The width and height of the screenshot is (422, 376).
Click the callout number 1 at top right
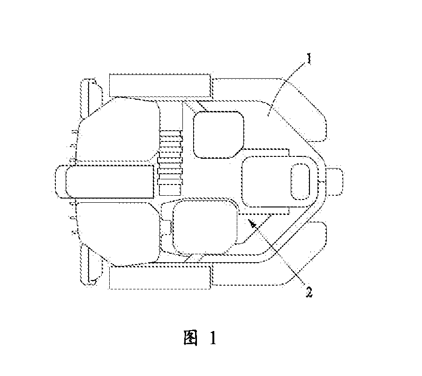point(309,59)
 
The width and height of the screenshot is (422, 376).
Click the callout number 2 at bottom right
point(309,291)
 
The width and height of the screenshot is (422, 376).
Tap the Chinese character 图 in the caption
point(190,338)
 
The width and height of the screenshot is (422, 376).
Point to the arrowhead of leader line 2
point(251,223)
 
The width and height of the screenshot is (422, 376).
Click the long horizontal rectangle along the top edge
point(160,85)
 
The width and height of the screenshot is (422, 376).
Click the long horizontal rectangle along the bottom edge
point(160,278)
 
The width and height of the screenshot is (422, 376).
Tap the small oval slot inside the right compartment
point(300,182)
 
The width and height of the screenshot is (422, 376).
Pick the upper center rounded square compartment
point(219,135)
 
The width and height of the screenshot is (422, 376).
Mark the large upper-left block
point(119,129)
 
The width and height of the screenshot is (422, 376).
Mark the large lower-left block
point(119,234)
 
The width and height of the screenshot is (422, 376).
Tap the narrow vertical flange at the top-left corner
point(91,98)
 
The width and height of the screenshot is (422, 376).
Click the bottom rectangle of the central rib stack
point(170,190)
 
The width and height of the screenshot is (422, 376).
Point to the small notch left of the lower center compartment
point(166,227)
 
